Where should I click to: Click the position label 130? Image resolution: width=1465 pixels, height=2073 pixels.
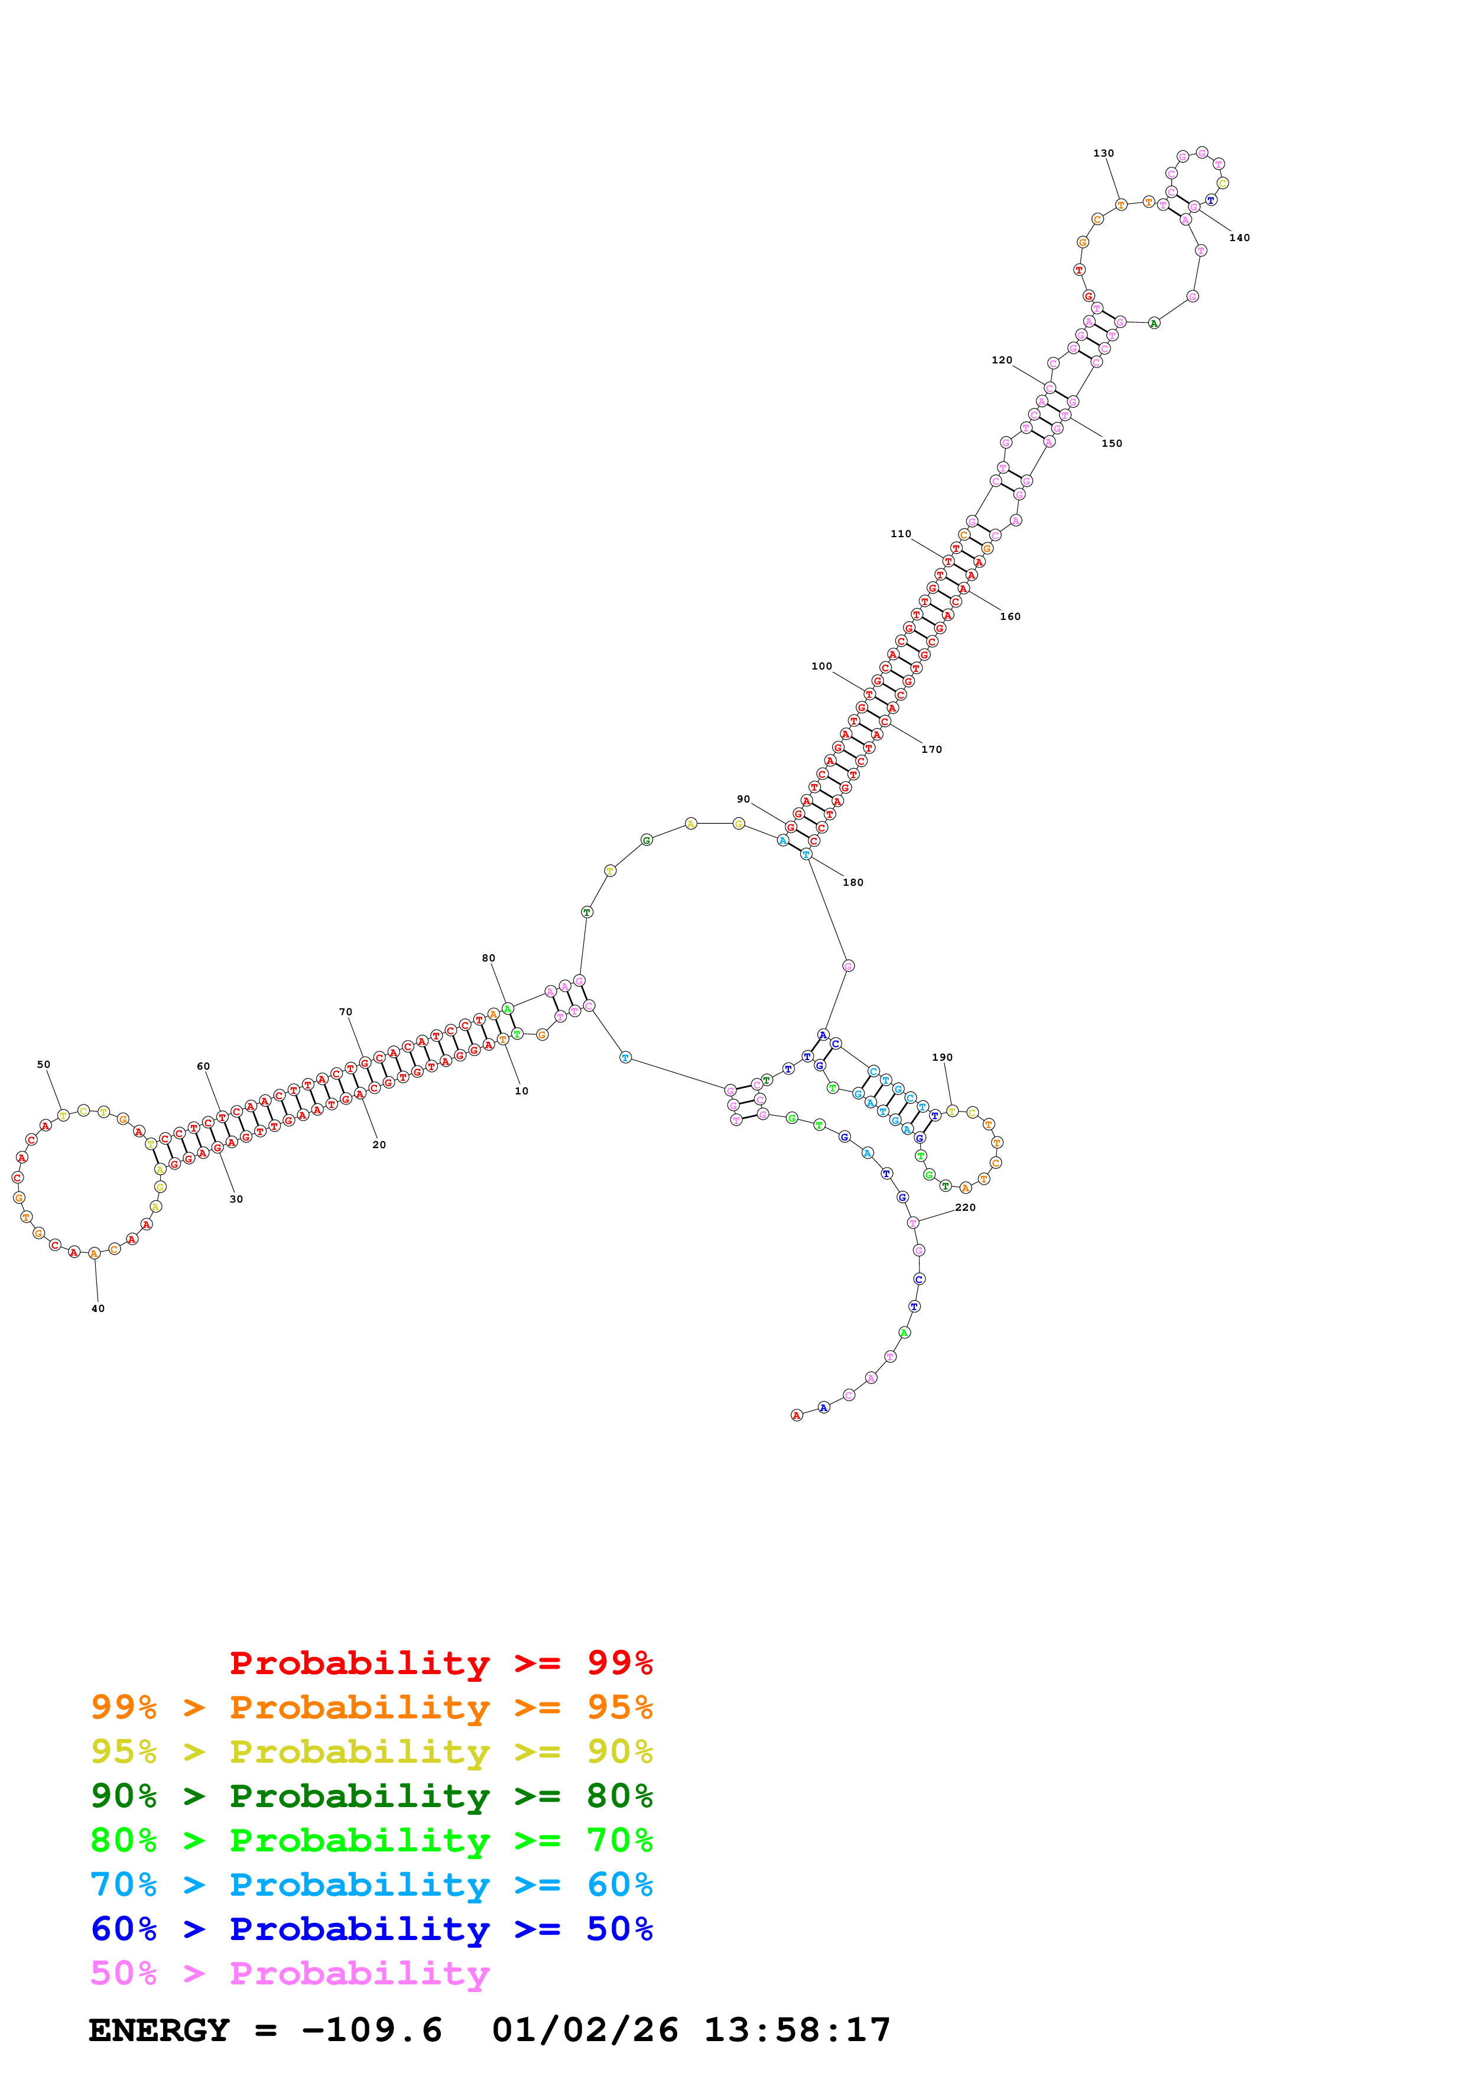[1103, 154]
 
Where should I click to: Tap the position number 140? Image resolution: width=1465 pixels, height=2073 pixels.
[1239, 238]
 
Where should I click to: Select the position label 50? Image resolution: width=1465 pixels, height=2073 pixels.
[43, 1064]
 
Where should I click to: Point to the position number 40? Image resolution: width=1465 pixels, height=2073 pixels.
[98, 1308]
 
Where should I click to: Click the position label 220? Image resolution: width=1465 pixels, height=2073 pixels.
[965, 1207]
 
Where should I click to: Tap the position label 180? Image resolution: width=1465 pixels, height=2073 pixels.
[853, 882]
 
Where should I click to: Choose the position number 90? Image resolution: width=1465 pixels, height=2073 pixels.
[743, 799]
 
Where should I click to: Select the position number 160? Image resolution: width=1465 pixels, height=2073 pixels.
[1010, 617]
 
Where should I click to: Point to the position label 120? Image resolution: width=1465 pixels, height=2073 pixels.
[1002, 360]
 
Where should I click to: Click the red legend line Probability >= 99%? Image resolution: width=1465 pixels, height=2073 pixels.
[440, 1662]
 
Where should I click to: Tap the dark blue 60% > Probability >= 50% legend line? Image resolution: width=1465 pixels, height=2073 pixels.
[371, 1929]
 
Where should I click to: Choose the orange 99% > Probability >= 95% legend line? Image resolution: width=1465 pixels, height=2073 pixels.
[371, 1707]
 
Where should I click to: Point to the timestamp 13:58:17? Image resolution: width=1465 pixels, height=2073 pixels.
[797, 2030]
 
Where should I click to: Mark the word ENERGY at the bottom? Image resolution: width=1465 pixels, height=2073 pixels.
[159, 2030]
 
